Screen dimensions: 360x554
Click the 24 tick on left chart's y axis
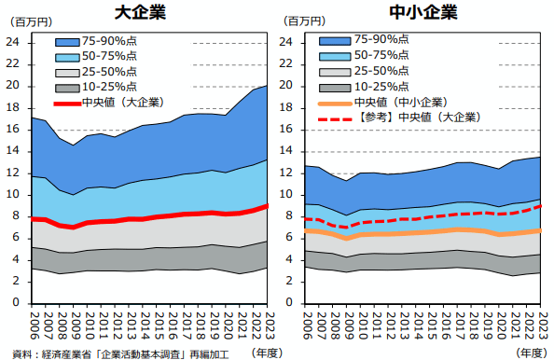[13, 42]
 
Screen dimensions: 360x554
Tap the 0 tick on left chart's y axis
[16, 303]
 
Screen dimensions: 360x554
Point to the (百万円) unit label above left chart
[23, 21]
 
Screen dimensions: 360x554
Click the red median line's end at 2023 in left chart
[267, 206]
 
